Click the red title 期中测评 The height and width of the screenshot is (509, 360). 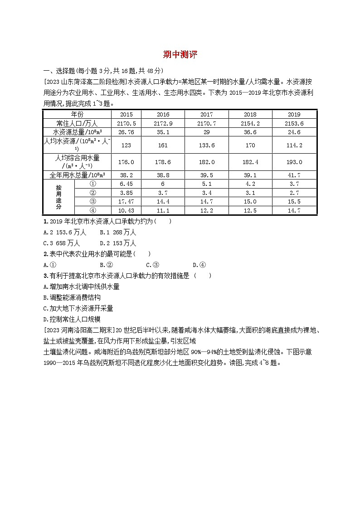(x=180, y=55)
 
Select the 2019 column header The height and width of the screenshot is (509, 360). (x=294, y=115)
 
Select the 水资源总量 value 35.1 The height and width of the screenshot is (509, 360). (x=163, y=132)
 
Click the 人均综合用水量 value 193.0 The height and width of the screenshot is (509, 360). (x=294, y=162)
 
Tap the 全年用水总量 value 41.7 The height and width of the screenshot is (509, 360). (x=294, y=175)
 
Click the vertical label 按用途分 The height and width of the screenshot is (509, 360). (x=58, y=197)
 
